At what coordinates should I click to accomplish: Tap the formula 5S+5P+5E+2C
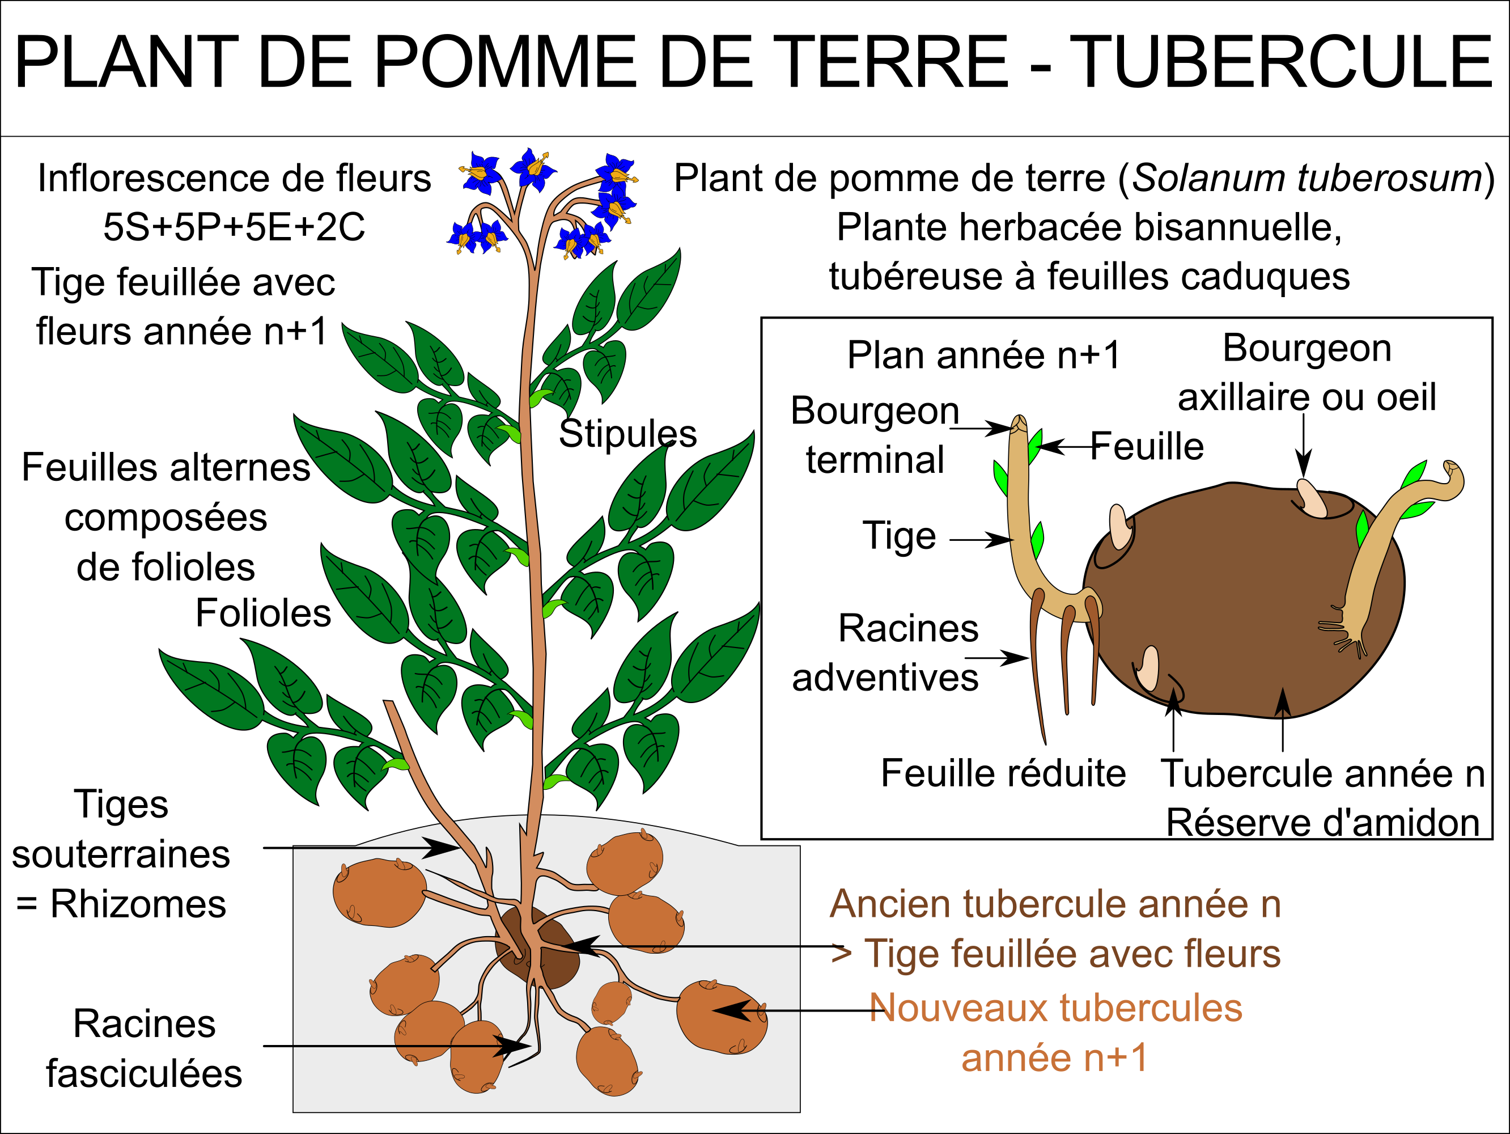click(x=234, y=227)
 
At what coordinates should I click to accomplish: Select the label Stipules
click(x=628, y=434)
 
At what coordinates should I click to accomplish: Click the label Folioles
click(x=264, y=612)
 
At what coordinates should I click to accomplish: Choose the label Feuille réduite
click(x=1003, y=773)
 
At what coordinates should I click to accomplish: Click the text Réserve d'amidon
click(x=1323, y=823)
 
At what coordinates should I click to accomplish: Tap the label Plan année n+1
click(x=983, y=355)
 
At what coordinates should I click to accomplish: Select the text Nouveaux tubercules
click(x=1056, y=1008)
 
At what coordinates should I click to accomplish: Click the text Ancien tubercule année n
click(x=1055, y=904)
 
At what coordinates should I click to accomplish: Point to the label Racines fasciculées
click(x=144, y=1048)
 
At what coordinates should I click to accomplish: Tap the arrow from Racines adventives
click(x=996, y=658)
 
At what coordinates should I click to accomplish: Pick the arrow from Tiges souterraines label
click(x=361, y=848)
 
